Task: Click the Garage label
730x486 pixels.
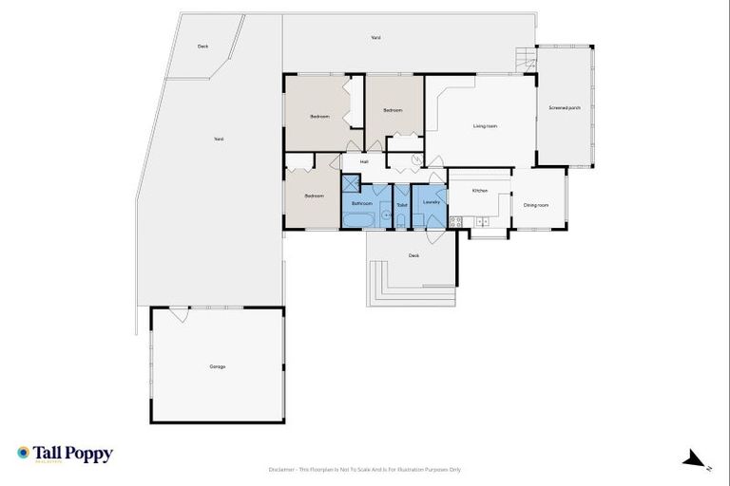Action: coord(217,366)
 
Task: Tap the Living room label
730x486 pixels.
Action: coord(485,126)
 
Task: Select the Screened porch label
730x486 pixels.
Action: coord(564,108)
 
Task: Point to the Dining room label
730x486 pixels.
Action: coord(537,205)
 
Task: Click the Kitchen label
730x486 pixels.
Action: coord(480,191)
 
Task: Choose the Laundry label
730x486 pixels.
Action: coord(429,203)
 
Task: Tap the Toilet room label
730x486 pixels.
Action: coord(401,204)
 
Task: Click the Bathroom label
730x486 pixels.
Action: coord(362,203)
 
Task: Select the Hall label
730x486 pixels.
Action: coord(363,162)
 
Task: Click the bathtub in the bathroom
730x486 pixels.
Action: coord(358,221)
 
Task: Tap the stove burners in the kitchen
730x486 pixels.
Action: coord(455,221)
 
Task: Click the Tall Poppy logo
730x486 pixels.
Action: coord(65,454)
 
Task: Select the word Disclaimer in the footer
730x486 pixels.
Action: coord(284,469)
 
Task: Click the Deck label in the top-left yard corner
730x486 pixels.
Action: coord(202,47)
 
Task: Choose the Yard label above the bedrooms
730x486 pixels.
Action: coord(375,38)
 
